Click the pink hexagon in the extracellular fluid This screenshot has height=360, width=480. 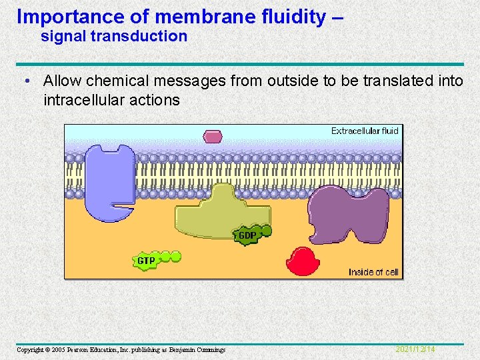pyautogui.click(x=213, y=137)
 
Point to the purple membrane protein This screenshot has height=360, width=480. pyautogui.click(x=349, y=213)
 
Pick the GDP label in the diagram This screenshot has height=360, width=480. pyautogui.click(x=247, y=235)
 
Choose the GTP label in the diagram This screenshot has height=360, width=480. pyautogui.click(x=146, y=261)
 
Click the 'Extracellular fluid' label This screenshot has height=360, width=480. pyautogui.click(x=365, y=131)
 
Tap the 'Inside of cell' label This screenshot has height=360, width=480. pyautogui.click(x=373, y=272)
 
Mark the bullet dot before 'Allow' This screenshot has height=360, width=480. pyautogui.click(x=25, y=81)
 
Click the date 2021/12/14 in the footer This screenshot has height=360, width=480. pyautogui.click(x=415, y=349)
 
